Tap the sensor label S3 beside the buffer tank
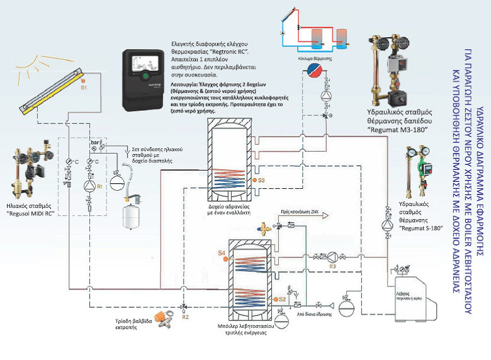pos(262,181)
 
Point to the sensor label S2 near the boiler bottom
pos(282,299)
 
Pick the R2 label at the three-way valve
pos(185,317)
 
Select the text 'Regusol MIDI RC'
pos(38,213)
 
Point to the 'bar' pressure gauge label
pos(95,143)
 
